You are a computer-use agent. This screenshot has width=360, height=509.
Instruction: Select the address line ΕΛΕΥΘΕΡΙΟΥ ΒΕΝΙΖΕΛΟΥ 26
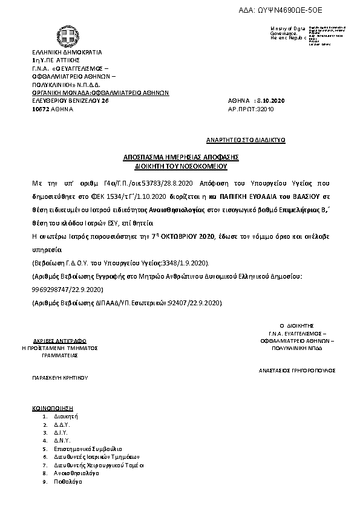point(70,101)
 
